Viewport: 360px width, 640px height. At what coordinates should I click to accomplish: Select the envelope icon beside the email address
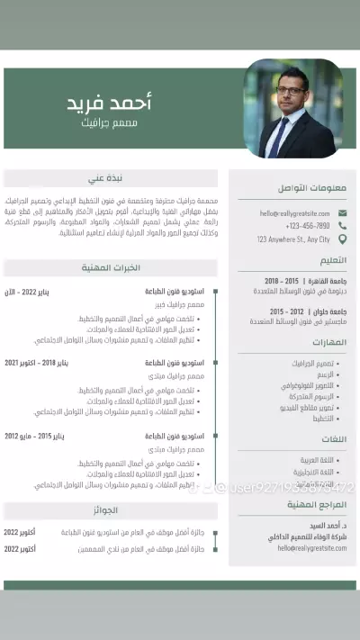341,212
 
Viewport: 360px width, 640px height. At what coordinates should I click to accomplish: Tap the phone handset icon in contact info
341,226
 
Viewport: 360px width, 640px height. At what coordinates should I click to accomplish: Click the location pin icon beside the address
341,239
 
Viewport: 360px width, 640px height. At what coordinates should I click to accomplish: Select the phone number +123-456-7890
308,226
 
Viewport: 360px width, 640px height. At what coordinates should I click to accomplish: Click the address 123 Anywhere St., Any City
293,239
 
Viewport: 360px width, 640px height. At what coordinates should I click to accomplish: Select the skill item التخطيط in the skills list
323,419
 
